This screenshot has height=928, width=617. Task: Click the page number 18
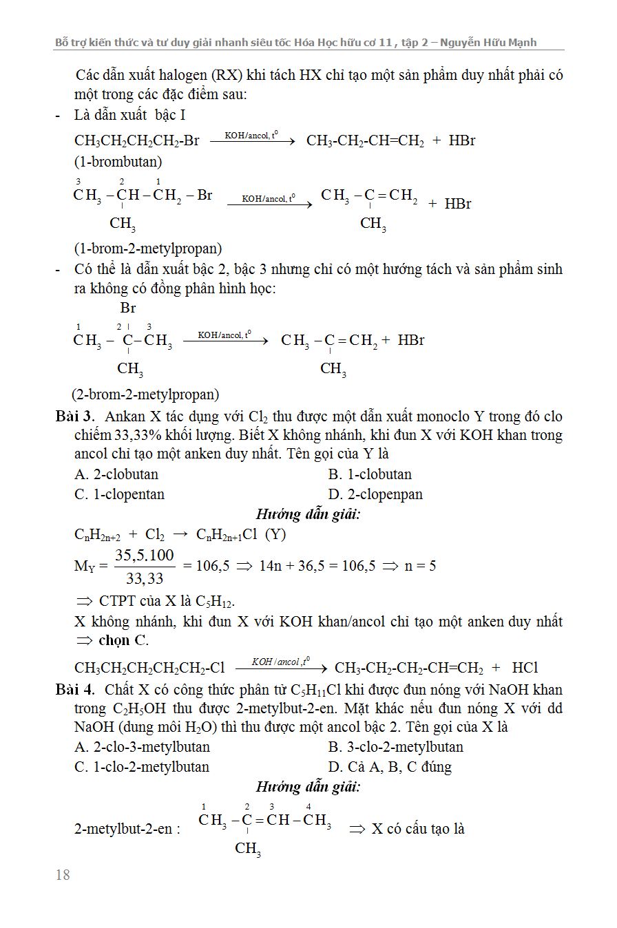(x=62, y=875)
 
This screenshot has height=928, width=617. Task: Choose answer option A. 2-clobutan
(x=116, y=474)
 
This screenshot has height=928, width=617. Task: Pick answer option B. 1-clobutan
(x=370, y=474)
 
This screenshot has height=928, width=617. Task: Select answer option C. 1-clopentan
(x=119, y=494)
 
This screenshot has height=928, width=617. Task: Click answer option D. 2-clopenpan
(x=375, y=494)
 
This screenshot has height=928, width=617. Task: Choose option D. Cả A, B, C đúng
(x=390, y=767)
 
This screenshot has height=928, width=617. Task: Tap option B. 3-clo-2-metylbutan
(x=395, y=747)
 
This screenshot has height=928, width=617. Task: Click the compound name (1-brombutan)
(x=118, y=162)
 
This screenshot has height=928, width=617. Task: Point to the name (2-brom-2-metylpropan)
(x=145, y=394)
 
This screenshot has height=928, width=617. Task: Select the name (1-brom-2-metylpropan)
(x=148, y=249)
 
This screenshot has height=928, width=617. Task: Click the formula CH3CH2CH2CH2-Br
(x=136, y=140)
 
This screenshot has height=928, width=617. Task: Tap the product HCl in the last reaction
(x=525, y=668)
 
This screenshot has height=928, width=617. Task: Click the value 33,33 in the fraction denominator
(x=144, y=579)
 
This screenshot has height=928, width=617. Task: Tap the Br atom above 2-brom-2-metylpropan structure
(x=128, y=308)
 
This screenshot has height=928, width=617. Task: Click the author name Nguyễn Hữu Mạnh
(x=494, y=43)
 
